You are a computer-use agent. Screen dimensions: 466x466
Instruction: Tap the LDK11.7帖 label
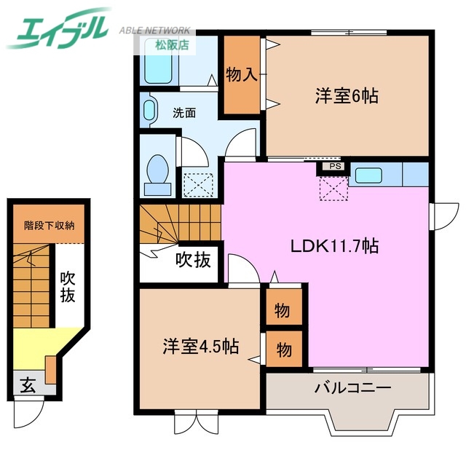click(x=334, y=245)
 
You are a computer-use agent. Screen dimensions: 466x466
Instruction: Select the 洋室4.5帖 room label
click(x=200, y=345)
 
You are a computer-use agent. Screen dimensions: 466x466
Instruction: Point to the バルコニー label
click(x=353, y=387)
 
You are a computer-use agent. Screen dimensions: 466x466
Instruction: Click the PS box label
click(x=334, y=166)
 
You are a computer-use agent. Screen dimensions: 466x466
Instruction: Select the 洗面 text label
click(x=184, y=113)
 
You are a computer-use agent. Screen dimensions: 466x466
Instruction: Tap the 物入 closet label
click(x=240, y=75)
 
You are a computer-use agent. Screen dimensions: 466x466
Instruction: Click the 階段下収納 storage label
click(x=50, y=225)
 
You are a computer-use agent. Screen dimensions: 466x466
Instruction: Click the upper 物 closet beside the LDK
click(x=282, y=311)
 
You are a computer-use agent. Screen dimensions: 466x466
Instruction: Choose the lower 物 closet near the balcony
click(x=282, y=350)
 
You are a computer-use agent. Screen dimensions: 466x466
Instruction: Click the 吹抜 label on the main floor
click(x=194, y=258)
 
